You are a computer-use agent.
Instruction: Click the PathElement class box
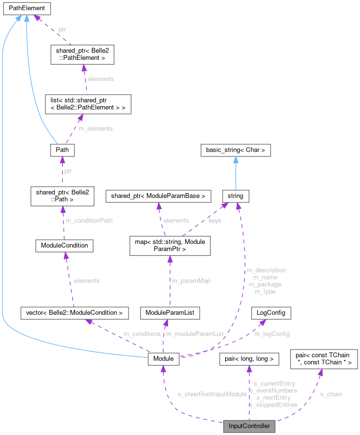[x=27, y=8]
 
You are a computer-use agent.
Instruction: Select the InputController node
[x=249, y=426]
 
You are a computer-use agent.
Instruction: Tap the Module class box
[x=164, y=359]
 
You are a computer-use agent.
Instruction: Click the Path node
[x=62, y=150]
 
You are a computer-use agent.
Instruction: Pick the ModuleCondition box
[x=64, y=245]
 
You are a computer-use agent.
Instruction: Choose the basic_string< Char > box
[x=235, y=150]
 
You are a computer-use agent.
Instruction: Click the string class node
[x=235, y=196]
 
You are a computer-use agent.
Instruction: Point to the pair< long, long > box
[x=249, y=359]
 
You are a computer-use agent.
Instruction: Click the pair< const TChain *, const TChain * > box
[x=323, y=359]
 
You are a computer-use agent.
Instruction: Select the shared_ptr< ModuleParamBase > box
[x=159, y=196]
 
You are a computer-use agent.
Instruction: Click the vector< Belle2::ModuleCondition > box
[x=74, y=313]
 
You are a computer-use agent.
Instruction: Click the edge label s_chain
[x=331, y=394]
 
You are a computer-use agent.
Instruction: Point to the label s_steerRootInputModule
[x=212, y=394]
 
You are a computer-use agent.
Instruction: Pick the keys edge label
[x=215, y=221]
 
